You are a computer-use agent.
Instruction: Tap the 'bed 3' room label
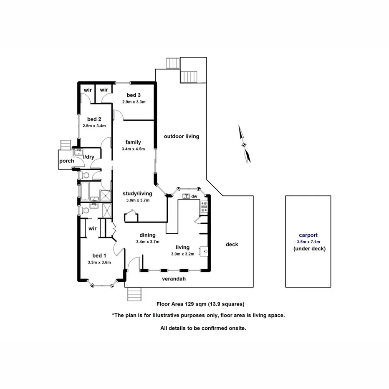tap(134, 95)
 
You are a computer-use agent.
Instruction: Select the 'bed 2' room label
tap(94, 119)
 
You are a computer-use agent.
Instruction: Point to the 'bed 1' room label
tap(99, 256)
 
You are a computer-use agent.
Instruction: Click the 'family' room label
tap(134, 142)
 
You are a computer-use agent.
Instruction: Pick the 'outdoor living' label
tap(182, 136)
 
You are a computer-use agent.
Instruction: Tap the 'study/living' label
tap(137, 194)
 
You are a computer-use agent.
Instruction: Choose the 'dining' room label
tap(148, 235)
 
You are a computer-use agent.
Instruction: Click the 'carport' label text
tap(308, 235)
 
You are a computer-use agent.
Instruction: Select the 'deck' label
tap(232, 245)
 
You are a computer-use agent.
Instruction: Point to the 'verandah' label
tap(174, 279)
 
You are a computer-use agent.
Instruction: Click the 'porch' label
tap(67, 161)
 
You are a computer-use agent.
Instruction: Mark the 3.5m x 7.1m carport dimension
tap(308, 242)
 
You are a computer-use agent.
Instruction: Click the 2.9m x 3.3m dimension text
tap(134, 102)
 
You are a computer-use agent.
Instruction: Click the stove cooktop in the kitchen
tap(204, 205)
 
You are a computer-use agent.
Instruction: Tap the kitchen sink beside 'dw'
tap(185, 196)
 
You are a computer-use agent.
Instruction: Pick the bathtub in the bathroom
tap(85, 191)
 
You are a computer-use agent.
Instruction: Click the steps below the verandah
tap(134, 294)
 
